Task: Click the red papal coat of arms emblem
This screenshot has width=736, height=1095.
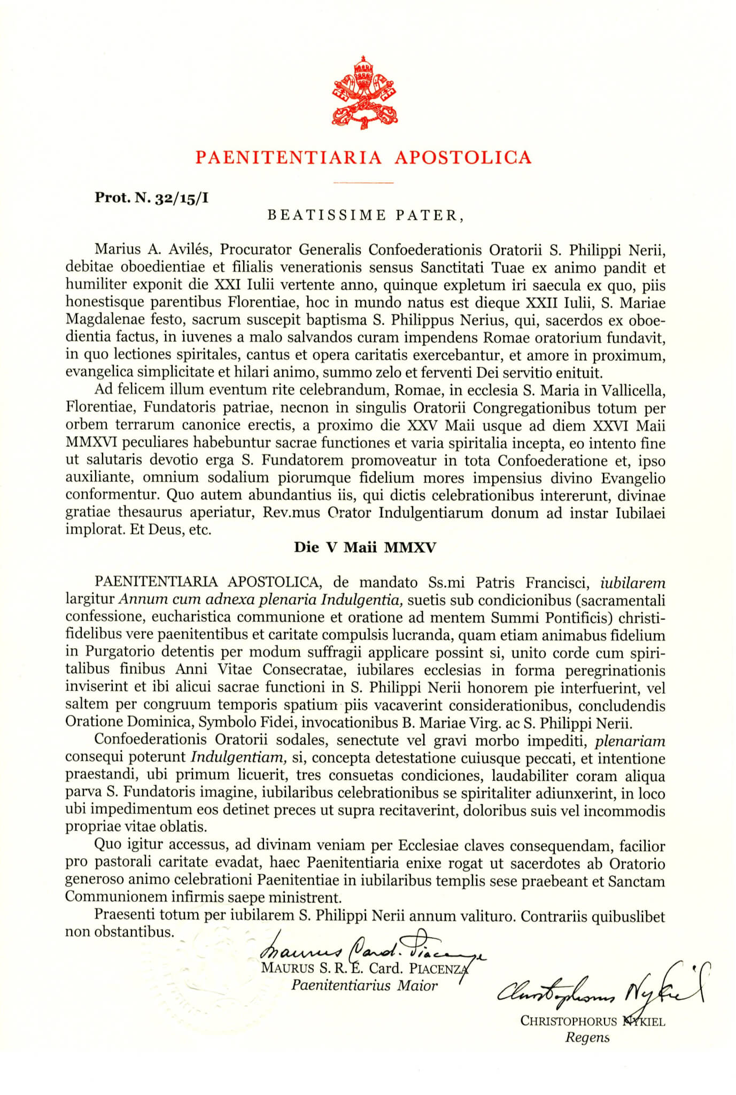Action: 365,92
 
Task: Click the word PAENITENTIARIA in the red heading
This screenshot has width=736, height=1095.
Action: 289,157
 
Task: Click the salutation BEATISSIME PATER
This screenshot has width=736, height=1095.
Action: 363,215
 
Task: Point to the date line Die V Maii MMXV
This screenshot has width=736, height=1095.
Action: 365,547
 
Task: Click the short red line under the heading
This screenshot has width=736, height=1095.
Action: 363,183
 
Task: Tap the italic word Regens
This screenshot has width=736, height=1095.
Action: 587,1038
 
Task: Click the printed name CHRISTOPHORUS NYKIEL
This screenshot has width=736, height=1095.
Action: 592,1021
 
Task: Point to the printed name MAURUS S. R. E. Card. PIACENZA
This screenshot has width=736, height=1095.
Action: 364,968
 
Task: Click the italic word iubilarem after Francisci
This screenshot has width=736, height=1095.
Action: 633,582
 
